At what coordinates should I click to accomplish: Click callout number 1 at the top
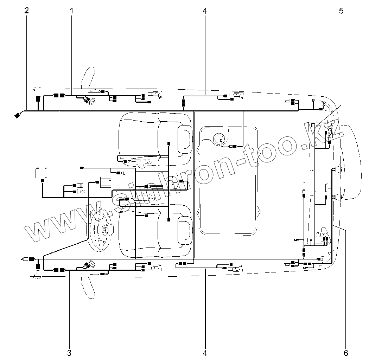pyautogui.click(x=71, y=11)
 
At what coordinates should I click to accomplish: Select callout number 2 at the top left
pyautogui.click(x=27, y=10)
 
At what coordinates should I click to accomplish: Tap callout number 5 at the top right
pyautogui.click(x=341, y=11)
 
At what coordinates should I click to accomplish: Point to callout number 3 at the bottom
pyautogui.click(x=69, y=353)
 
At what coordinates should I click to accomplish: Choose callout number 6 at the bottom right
pyautogui.click(x=346, y=353)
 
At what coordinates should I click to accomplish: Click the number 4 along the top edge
pyautogui.click(x=205, y=11)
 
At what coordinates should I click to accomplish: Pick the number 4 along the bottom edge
pyautogui.click(x=205, y=353)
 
